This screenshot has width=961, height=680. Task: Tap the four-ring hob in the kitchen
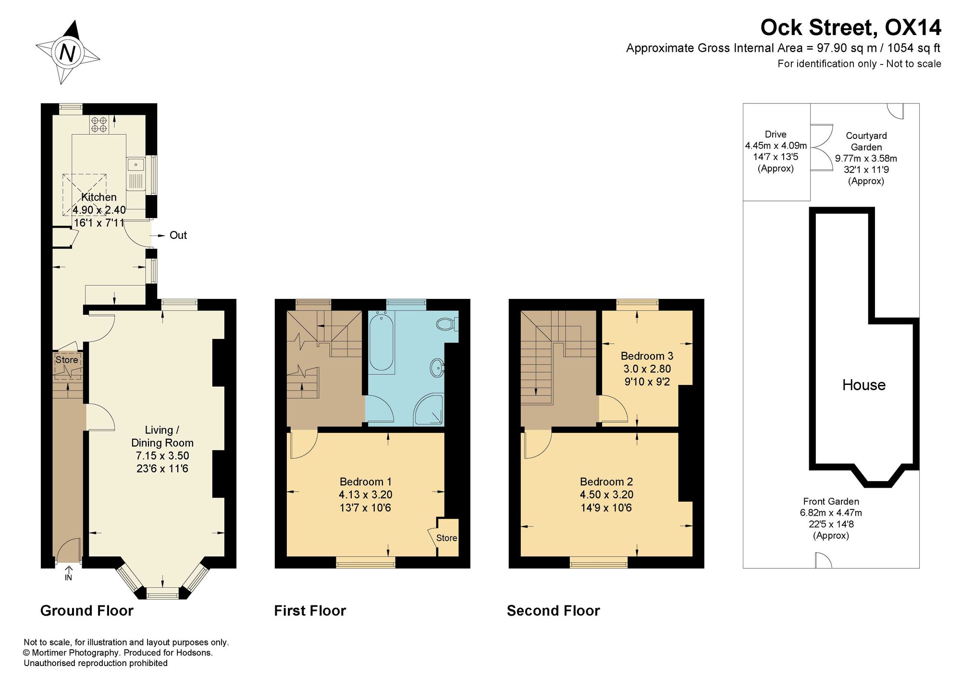coord(99,124)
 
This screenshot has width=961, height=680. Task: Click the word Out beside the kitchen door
coord(178,235)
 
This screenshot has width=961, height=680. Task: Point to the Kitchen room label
coord(99,197)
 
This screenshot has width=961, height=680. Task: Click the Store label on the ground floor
coord(67,359)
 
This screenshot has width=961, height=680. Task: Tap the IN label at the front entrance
coord(68,577)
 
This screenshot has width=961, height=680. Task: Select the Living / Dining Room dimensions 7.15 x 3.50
coord(162,456)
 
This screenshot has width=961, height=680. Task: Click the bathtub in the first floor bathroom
coord(382,341)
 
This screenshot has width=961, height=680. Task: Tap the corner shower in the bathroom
coord(429,410)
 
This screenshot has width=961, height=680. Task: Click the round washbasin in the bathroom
coord(437,368)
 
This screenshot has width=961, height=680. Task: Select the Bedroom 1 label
coord(366,482)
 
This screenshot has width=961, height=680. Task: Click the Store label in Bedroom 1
coord(447,538)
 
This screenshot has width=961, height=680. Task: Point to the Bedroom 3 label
coord(647,356)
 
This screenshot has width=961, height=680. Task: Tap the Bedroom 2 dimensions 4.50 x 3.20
coord(606,495)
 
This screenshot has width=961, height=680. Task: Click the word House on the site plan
coord(863,385)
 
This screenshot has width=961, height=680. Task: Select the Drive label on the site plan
coord(776,135)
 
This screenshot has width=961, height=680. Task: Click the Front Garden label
coord(831,502)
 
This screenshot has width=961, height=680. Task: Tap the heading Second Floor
coord(553,611)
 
